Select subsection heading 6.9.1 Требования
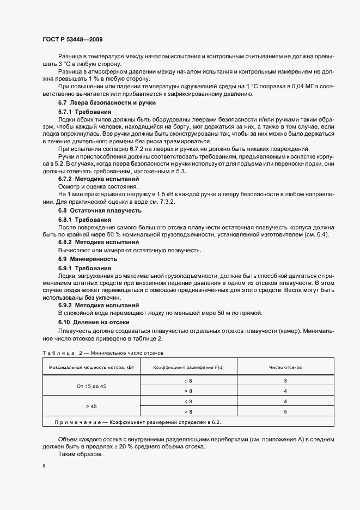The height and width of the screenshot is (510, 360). [84, 268]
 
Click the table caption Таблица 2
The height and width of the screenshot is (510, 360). [60, 353]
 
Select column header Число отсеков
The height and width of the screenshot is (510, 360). [285, 367]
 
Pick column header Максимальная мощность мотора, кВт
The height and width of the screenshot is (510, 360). [91, 367]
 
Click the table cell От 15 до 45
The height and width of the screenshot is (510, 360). [91, 386]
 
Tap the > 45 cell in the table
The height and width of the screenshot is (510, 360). [91, 406]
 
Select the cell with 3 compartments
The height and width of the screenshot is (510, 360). [285, 381]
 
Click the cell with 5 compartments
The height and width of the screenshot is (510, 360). [285, 411]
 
